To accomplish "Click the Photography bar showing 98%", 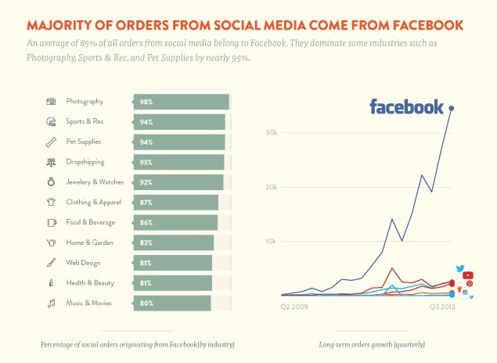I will [x=181, y=102].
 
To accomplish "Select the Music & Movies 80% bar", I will [x=172, y=303].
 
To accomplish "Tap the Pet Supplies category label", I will [x=84, y=142].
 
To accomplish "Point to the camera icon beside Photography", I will [x=51, y=102].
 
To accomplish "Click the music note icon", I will [x=51, y=303].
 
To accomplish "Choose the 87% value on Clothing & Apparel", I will [x=146, y=203].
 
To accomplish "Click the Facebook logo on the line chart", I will [x=406, y=107].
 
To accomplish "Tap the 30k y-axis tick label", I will [x=272, y=133].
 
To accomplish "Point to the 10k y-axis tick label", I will [x=272, y=241].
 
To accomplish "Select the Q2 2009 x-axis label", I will [x=294, y=307].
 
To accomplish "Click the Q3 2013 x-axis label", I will [x=442, y=307].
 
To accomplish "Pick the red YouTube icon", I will [x=468, y=275].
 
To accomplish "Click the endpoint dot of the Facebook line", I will [x=452, y=108].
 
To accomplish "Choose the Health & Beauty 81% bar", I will [x=173, y=282].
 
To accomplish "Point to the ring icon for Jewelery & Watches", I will [x=51, y=182].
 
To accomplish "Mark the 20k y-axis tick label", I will [x=272, y=187].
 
